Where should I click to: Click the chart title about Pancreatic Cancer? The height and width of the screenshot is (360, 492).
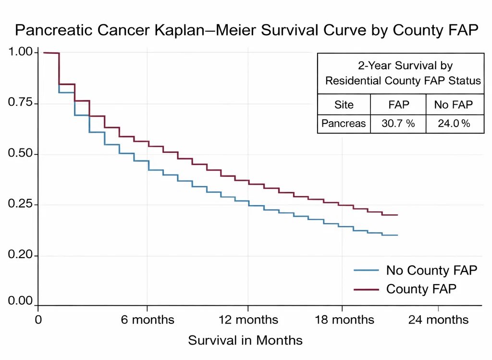(x=246, y=30)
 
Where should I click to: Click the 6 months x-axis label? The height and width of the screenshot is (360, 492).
(x=148, y=320)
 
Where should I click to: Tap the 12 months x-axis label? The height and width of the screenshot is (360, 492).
(x=248, y=320)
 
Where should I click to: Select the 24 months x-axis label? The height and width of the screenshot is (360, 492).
(x=438, y=320)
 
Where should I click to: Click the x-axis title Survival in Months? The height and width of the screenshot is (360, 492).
(x=245, y=341)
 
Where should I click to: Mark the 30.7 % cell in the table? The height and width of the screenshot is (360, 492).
(x=398, y=124)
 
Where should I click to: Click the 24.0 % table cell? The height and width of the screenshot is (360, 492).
(x=454, y=124)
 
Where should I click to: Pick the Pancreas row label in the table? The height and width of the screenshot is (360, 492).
(x=344, y=124)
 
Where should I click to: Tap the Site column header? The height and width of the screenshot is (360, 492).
(x=344, y=105)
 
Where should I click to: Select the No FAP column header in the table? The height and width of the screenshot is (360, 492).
(x=454, y=105)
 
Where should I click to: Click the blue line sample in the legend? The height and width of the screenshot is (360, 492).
(x=366, y=271)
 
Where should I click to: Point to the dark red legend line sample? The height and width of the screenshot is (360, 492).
(x=366, y=289)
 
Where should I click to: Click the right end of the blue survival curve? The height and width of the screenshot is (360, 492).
(x=397, y=235)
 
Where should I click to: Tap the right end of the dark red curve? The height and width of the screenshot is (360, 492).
(x=397, y=215)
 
